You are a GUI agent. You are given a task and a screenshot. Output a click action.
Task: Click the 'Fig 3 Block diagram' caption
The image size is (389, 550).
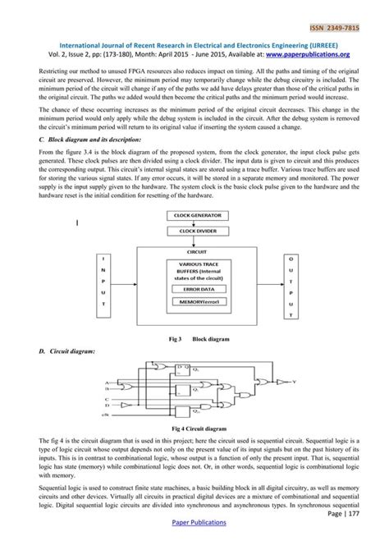194,338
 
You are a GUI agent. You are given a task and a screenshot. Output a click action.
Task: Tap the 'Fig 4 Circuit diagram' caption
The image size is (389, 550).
194,429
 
